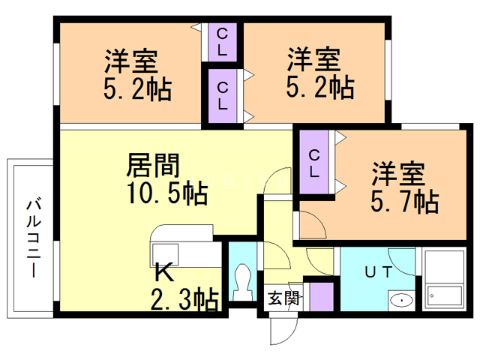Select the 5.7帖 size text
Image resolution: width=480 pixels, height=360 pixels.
pos(404,201)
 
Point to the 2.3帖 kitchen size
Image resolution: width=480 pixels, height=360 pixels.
pos(184,300)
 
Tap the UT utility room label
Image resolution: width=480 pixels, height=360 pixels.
pos(377,272)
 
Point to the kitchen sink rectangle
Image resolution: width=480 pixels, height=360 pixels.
pos(166,251)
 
